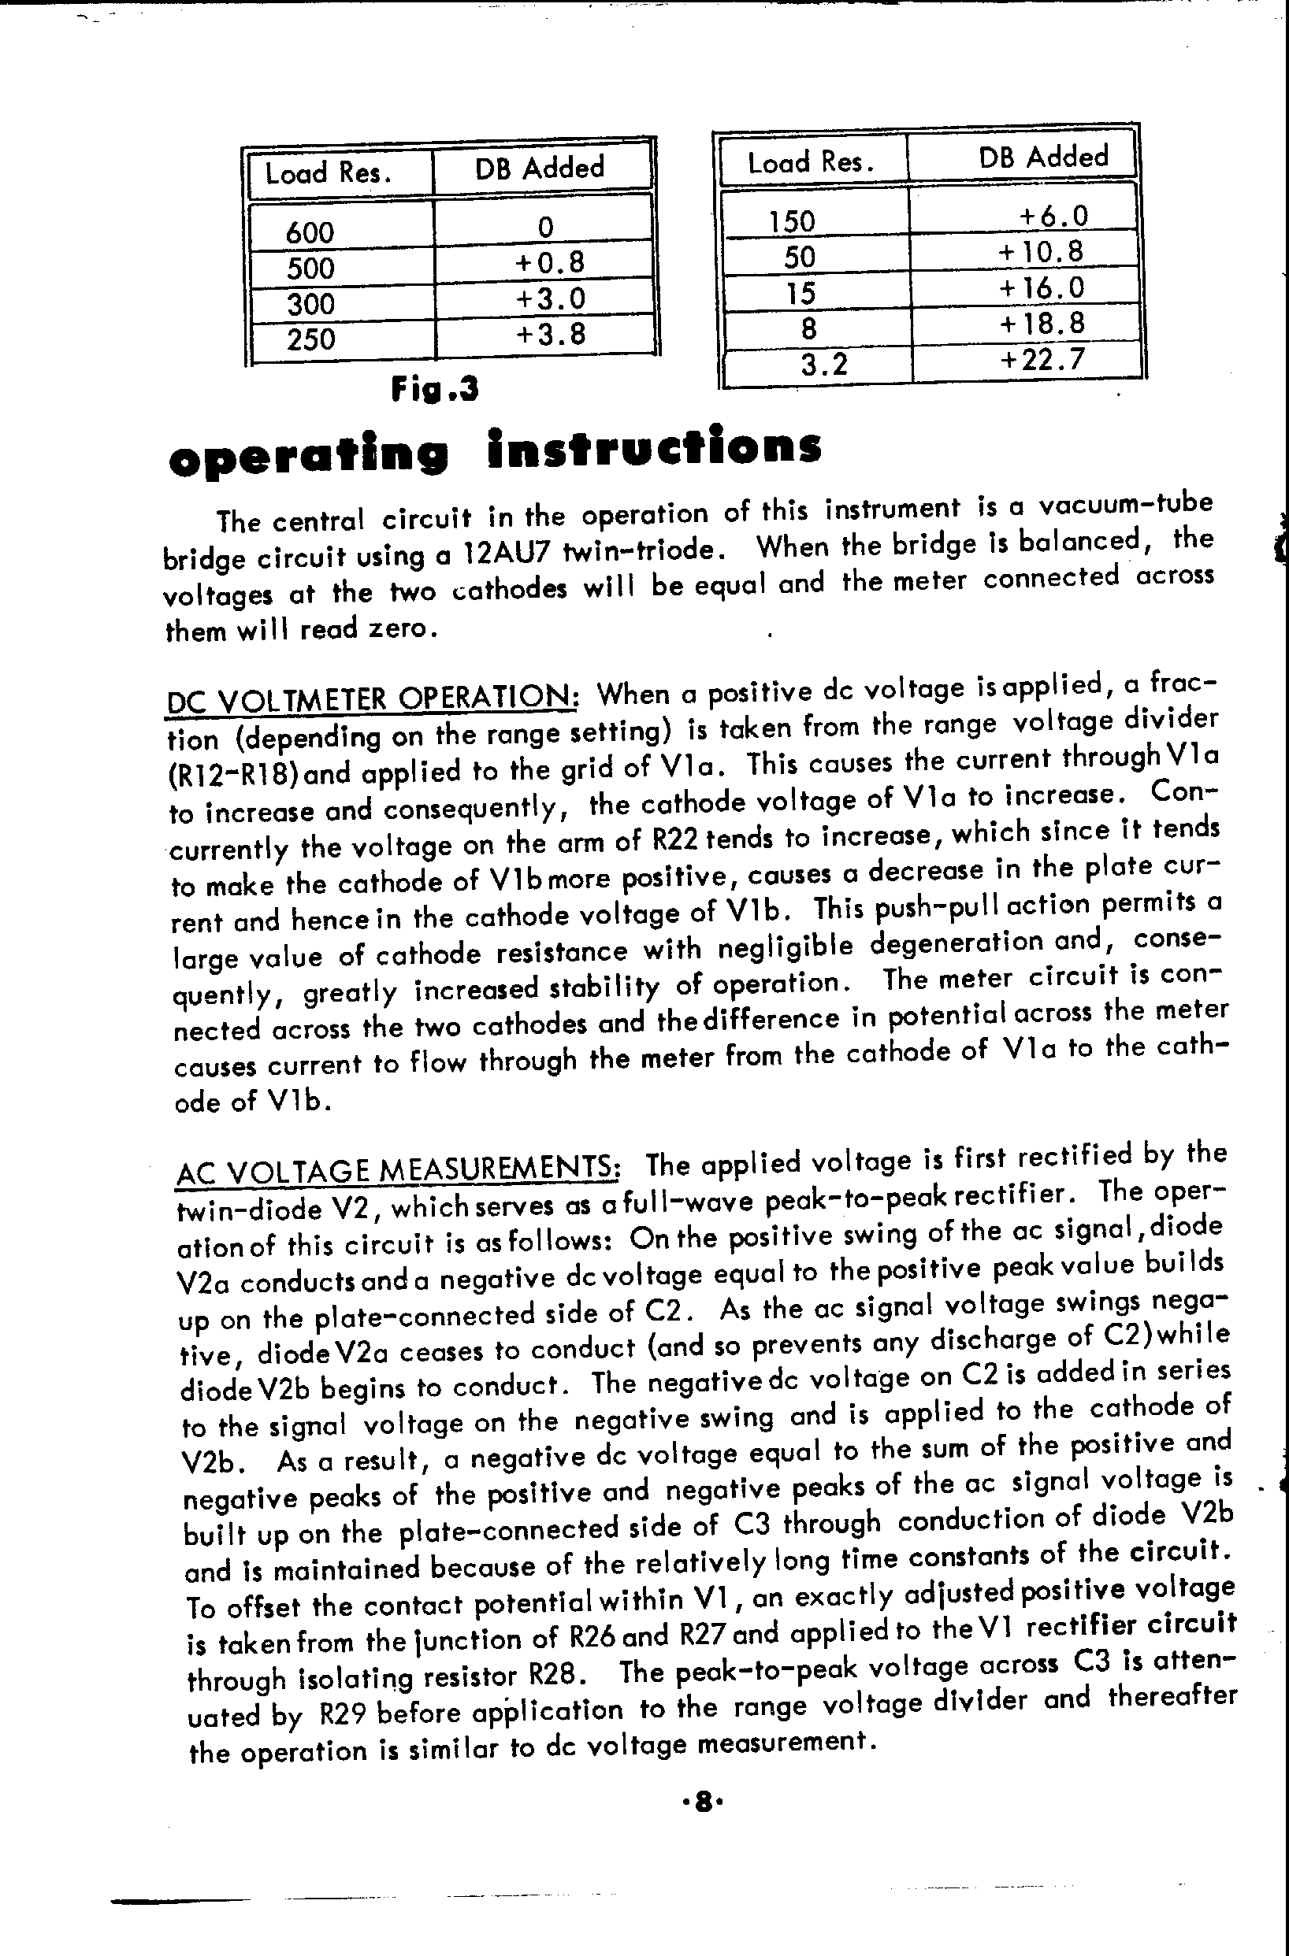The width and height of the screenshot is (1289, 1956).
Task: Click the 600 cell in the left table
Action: point(310,232)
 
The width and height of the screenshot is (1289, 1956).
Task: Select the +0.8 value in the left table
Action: point(549,263)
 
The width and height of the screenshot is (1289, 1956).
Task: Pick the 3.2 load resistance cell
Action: point(823,363)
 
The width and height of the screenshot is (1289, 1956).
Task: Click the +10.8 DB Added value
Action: point(1041,251)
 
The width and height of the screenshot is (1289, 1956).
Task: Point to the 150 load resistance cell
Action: point(792,221)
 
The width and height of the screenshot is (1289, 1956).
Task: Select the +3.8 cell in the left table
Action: point(550,335)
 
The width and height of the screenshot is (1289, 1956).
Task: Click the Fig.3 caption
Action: point(435,389)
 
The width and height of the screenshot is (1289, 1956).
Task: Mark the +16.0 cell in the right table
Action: point(1041,287)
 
